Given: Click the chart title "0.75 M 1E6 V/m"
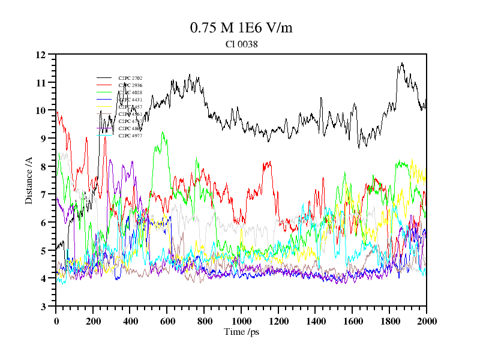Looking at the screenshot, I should (241, 28).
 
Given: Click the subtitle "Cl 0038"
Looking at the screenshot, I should (241, 44).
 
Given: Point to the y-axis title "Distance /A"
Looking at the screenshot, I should (29, 181).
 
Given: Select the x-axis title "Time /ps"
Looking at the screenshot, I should (241, 331).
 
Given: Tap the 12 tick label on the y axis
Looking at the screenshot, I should (41, 55).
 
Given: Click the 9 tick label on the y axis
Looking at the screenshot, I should (43, 139).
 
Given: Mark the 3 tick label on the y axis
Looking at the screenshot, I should (43, 307).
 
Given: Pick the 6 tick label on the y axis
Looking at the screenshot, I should (43, 223).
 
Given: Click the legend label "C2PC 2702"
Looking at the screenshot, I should (130, 78).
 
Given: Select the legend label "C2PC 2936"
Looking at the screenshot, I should (130, 85).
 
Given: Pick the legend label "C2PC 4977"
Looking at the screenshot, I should (130, 136).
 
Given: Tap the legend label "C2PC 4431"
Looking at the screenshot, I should (130, 100).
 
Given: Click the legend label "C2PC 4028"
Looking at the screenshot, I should (130, 92).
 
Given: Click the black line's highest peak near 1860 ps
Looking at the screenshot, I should (402, 63).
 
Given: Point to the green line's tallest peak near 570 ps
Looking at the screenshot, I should (161, 132).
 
